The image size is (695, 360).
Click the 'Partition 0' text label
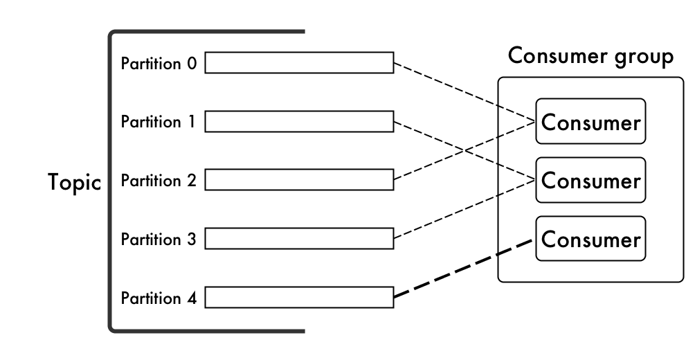point(159,64)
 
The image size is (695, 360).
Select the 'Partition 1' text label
point(159,123)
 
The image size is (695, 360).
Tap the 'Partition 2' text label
point(159,181)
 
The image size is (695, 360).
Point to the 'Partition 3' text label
point(159,240)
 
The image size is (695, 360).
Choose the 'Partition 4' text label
point(159,299)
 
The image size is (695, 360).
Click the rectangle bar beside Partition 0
point(299,63)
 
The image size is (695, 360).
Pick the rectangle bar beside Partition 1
point(299,122)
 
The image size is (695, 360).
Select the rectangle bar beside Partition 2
point(299,181)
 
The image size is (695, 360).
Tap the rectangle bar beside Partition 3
point(299,240)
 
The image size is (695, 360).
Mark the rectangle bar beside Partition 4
point(299,298)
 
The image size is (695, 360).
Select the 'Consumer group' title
point(590,57)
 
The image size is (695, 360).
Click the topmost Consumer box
point(590,122)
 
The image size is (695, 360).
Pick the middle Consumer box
point(590,181)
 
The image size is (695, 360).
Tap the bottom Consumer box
point(590,240)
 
